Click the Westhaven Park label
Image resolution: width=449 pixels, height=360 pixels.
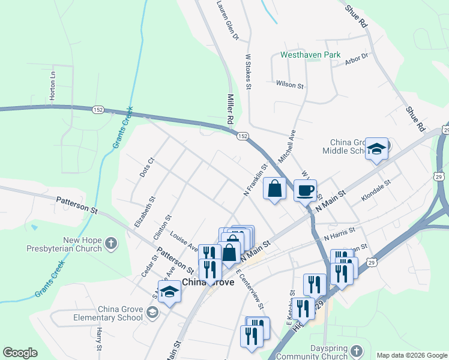pos(310,55)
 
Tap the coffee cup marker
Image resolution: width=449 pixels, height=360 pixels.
pos(305,190)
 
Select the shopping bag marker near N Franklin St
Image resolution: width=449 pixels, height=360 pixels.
pos(274,189)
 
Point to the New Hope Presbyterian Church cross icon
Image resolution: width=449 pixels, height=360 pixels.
pos(110,243)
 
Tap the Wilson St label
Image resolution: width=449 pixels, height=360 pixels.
pos(289,85)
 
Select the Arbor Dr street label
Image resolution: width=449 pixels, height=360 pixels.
pos(357,60)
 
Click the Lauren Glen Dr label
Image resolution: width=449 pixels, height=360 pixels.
pos(228,22)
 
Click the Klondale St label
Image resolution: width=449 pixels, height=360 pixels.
pos(376,190)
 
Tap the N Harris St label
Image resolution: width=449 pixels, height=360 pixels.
pos(340,233)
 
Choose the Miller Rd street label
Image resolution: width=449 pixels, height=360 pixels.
pos(229,109)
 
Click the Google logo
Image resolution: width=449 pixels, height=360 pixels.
pos(20,353)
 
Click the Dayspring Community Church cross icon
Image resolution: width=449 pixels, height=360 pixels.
pos(356,350)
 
